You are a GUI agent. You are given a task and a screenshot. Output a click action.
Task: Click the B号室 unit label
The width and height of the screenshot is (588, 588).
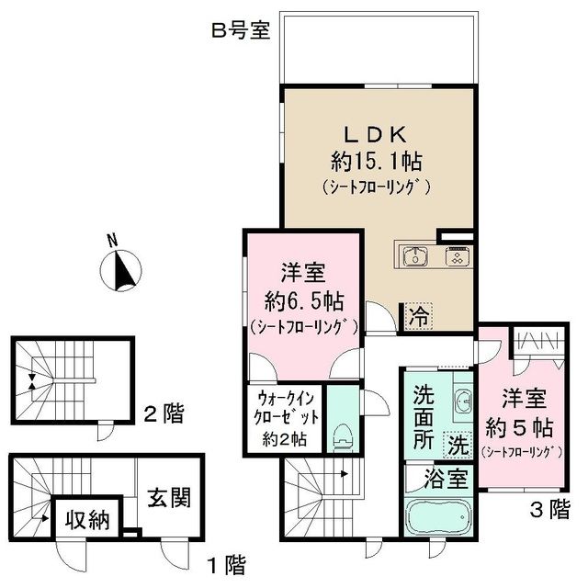pos(240,30)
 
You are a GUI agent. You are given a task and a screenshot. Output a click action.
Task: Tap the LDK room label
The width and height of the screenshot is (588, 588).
pos(378,132)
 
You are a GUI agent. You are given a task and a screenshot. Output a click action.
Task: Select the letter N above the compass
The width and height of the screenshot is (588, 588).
pos(112,242)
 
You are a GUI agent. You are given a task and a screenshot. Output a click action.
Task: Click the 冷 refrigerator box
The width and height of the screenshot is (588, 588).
pos(418,318)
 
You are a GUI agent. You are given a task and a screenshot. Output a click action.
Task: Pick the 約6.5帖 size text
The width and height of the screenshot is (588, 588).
pos(300,300)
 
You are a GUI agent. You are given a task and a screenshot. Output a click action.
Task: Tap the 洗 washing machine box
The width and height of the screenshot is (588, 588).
pos(456,446)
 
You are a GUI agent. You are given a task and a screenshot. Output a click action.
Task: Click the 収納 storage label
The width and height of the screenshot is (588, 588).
pos(88,521)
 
